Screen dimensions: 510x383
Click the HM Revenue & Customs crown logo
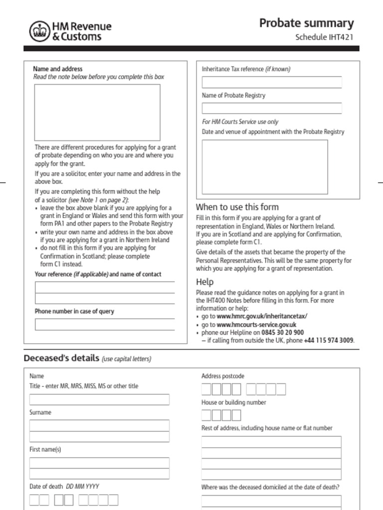tap(38, 31)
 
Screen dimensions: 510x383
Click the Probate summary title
tap(306, 23)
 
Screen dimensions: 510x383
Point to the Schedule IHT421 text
tap(324, 37)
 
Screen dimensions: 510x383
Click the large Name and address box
tap(97, 112)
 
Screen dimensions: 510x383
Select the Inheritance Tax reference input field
tap(272, 82)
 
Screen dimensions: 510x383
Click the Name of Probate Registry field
tap(272, 108)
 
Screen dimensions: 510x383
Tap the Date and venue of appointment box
tap(265, 167)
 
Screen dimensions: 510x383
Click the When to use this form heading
tap(237, 207)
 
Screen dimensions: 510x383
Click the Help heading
tap(204, 282)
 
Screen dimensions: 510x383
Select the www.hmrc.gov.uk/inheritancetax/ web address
tap(262, 316)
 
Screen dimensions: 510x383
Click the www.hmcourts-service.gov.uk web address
tap(256, 324)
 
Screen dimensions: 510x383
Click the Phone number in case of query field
tap(105, 324)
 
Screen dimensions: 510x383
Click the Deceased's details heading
tap(61, 359)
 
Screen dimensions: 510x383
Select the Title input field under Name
tap(99, 399)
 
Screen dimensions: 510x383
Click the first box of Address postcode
tap(206, 389)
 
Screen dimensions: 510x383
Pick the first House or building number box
tap(206, 415)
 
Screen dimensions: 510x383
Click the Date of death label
tap(46, 486)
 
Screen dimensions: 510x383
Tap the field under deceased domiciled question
tap(271, 501)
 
